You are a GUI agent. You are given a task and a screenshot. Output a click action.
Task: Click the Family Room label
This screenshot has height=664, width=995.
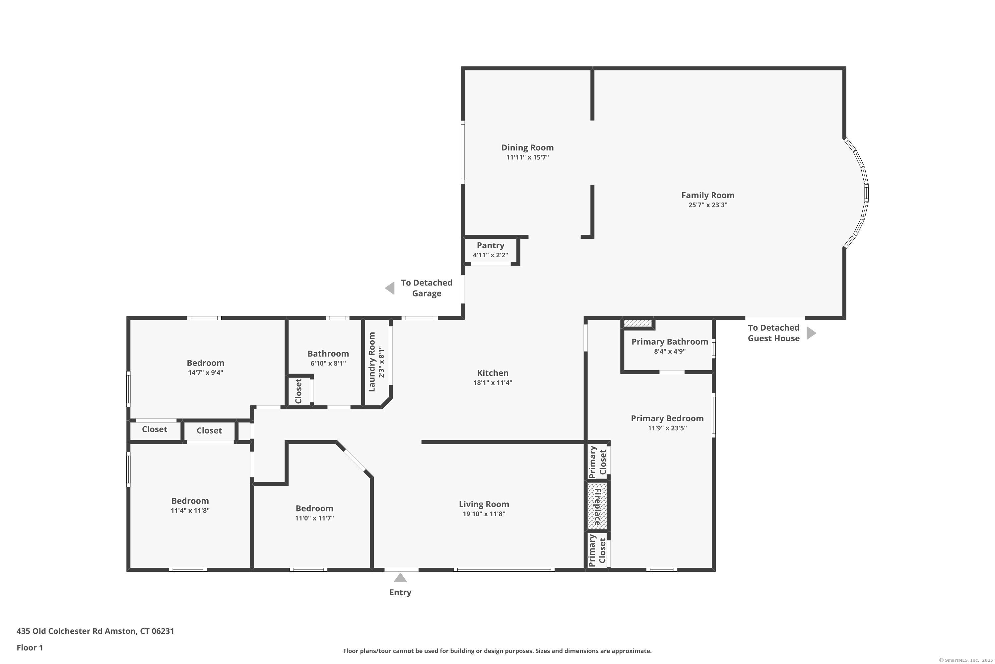708,195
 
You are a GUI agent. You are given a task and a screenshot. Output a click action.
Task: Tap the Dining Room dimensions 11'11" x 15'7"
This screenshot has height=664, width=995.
528,157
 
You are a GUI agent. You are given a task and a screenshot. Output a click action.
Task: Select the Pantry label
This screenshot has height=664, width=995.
490,246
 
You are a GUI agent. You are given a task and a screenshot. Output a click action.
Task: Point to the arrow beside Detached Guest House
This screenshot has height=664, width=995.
811,333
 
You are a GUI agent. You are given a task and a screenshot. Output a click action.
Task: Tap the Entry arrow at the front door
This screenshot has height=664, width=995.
400,578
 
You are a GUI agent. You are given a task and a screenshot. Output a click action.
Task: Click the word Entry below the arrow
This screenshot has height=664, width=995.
400,592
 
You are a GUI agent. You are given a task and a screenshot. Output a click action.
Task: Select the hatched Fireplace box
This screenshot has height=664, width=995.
597,506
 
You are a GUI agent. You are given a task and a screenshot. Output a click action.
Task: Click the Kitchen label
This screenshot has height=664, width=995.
493,373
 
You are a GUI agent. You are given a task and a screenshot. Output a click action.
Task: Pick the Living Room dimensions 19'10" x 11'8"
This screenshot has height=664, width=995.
484,514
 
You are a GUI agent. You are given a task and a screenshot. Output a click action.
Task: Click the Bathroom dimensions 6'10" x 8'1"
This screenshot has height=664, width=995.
328,363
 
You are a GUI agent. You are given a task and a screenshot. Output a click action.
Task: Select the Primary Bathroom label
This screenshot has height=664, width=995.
670,342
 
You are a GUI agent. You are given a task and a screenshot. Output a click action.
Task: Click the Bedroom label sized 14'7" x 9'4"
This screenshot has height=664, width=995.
206,363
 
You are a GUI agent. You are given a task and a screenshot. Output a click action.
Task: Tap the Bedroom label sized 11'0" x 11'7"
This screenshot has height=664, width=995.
314,509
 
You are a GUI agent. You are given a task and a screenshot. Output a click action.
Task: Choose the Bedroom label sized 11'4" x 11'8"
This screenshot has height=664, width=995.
190,501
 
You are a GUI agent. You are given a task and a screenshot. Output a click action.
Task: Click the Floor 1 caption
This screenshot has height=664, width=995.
30,647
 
